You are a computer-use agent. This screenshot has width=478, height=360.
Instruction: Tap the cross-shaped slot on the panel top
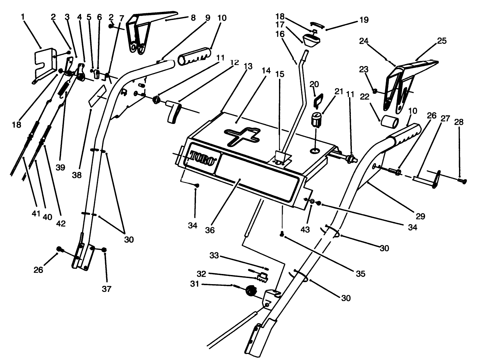tap(242, 136)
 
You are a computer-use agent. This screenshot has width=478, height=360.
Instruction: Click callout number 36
tap(210, 230)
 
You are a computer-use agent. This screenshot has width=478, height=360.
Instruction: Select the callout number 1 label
tap(23, 16)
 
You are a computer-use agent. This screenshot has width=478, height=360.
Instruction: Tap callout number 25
tap(442, 41)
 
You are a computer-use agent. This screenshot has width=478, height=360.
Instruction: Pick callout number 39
tap(60, 167)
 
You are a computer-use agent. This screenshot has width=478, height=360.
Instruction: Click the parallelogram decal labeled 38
tap(98, 95)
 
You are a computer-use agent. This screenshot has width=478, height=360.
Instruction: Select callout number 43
tap(305, 229)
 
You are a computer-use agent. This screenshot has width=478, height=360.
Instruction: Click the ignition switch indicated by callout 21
tap(316, 120)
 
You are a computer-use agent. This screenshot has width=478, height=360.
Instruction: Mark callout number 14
tap(266, 71)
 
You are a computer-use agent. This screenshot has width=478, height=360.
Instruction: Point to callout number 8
tap(193, 18)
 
